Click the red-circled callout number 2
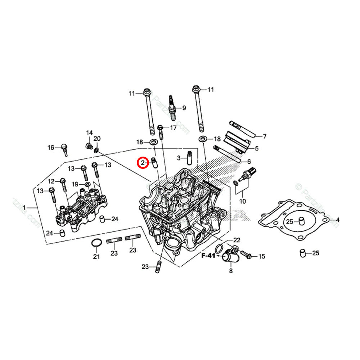click(143, 163)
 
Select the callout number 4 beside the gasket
click(338, 220)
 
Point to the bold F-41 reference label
click(208, 256)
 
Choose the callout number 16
click(51, 148)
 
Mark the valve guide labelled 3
click(188, 159)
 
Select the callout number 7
click(265, 136)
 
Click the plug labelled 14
click(87, 146)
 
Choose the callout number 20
click(97, 139)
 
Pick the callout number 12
click(51, 181)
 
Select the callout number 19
click(75, 184)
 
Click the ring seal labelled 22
click(219, 248)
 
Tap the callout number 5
click(257, 148)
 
